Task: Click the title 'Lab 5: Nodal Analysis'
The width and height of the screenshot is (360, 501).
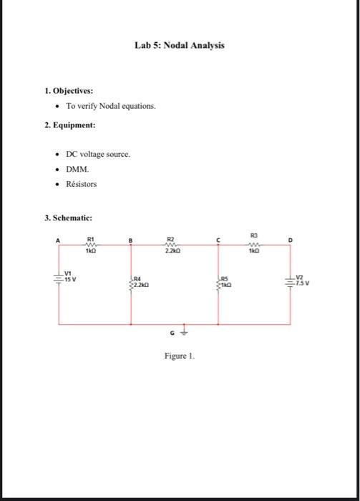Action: [179, 45]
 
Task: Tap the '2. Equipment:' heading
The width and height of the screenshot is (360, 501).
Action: [69, 125]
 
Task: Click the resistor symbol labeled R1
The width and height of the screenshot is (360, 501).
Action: [91, 245]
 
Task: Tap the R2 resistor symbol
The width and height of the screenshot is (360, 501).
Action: [170, 245]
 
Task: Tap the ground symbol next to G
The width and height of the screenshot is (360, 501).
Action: [185, 331]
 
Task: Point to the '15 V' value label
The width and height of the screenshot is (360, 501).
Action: [71, 279]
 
